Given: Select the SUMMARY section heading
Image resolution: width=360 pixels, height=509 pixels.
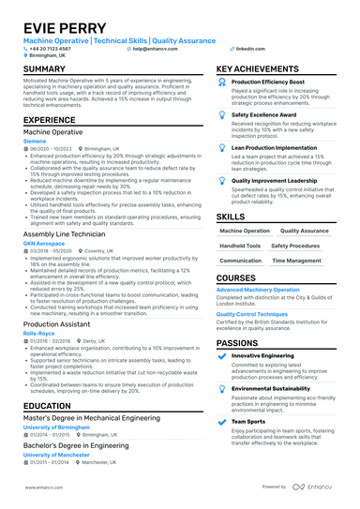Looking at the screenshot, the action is tap(45, 69).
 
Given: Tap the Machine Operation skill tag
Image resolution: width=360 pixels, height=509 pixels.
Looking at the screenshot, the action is tap(243, 230).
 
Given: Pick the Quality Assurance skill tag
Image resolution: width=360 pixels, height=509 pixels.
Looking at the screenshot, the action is tap(304, 230).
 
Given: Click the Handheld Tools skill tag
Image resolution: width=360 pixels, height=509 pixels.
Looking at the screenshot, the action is tap(240, 246).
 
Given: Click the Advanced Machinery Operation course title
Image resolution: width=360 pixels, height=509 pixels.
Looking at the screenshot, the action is tap(258, 291).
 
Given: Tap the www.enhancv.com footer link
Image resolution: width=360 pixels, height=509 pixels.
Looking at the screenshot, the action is tap(42, 487).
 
